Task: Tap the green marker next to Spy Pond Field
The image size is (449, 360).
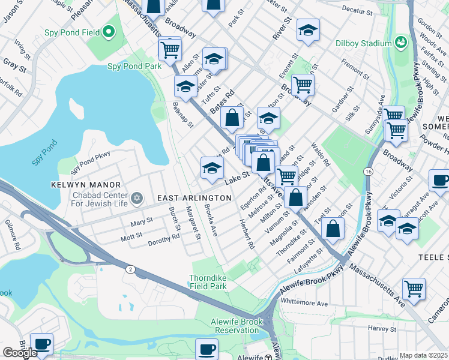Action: coord(109,31)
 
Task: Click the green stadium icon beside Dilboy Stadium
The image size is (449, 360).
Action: coord(400,43)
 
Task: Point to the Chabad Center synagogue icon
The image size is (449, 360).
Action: coord(137,197)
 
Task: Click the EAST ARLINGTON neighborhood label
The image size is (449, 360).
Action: coord(194,198)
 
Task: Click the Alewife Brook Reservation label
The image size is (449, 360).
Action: coord(235,326)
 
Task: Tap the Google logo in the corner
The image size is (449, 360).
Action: coord(19,353)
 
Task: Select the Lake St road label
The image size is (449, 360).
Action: coord(237,177)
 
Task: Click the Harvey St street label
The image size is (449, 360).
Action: coord(379,328)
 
